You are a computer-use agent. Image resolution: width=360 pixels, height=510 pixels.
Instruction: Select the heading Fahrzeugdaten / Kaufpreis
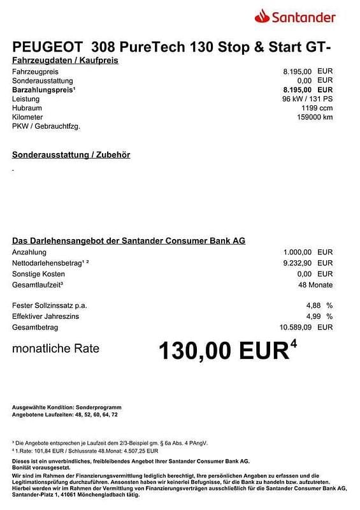tap(65, 61)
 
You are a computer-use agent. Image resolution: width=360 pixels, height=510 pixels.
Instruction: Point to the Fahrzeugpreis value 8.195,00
tap(297, 72)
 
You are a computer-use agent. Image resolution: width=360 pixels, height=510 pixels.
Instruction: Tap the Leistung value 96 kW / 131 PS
tap(308, 99)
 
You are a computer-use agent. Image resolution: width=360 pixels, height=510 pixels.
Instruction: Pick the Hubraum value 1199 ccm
tap(317, 108)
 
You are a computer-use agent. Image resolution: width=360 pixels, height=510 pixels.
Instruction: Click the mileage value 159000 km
tap(310, 117)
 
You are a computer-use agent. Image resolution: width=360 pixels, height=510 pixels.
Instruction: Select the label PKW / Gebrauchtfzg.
tap(46, 126)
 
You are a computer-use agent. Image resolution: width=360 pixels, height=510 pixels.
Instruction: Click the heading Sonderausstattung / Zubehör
tap(71, 155)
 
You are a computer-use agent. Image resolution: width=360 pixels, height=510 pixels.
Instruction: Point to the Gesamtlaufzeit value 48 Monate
tap(315, 284)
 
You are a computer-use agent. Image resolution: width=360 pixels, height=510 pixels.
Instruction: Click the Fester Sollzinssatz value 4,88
tap(313, 305)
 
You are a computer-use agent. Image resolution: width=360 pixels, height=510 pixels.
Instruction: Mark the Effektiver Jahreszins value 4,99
tap(313, 316)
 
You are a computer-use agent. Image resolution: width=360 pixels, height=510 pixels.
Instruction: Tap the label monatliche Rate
tap(56, 349)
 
